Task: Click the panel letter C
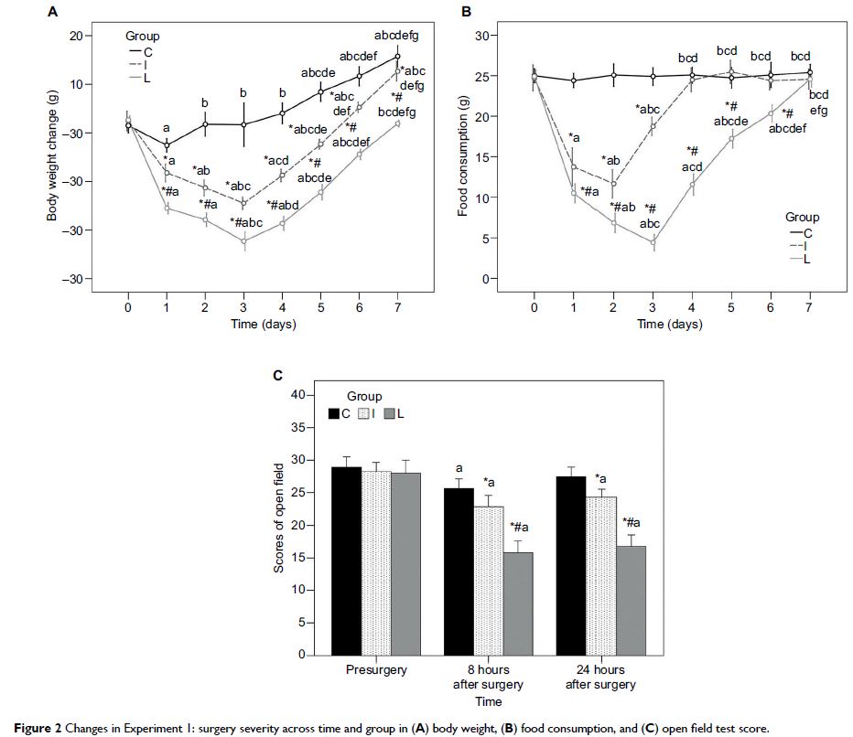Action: (x=279, y=375)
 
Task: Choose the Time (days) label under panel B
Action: (x=670, y=325)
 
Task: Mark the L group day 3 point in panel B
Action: (x=653, y=242)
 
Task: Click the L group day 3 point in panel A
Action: (x=244, y=240)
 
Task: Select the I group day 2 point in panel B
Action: (x=613, y=184)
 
